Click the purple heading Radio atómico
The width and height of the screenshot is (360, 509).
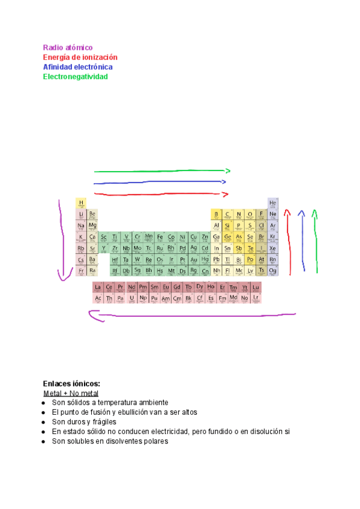tap(68, 47)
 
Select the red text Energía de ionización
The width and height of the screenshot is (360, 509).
tap(80, 57)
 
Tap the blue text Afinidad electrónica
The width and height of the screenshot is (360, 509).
tap(77, 67)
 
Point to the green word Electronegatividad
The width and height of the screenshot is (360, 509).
tap(75, 77)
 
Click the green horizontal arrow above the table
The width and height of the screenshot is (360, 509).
tap(161, 171)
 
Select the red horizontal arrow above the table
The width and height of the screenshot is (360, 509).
tap(161, 194)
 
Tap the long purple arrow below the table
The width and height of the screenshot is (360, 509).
tap(192, 314)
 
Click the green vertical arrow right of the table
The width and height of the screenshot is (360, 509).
tap(315, 240)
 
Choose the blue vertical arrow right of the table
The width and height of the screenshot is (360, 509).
tap(302, 240)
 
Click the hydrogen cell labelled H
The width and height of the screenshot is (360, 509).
tap(81, 203)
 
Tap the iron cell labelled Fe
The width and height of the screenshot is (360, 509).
tap(160, 237)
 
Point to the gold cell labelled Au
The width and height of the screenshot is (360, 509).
tap(194, 260)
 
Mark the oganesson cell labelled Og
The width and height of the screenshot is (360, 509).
tap(273, 271)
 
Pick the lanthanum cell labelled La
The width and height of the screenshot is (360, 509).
tap(98, 287)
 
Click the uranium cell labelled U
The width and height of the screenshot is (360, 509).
tap(131, 298)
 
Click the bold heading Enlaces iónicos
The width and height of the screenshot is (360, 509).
tap(71, 384)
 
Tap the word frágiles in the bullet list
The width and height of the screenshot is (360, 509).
tap(104, 422)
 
